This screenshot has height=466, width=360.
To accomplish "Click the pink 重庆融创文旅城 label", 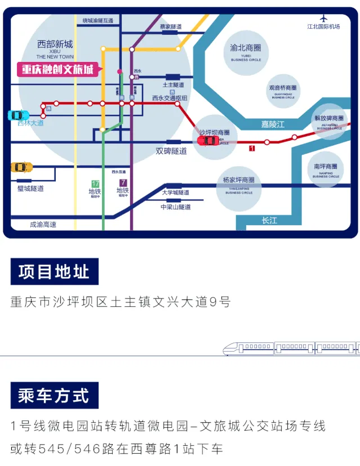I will click(x=57, y=69).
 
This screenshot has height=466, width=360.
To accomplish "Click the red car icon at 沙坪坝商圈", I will click(x=208, y=140).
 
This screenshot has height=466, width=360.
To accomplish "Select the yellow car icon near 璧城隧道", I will click(x=21, y=167).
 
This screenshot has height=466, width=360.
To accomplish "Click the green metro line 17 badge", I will click(x=95, y=183).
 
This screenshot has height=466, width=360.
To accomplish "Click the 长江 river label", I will click(x=269, y=221).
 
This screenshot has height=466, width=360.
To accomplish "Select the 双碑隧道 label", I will click(x=171, y=151).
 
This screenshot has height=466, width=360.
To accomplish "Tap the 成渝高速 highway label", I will click(x=43, y=225).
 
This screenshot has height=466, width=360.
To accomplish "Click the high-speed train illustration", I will click(x=290, y=348).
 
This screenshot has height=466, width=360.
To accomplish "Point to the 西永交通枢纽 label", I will click(x=170, y=98).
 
